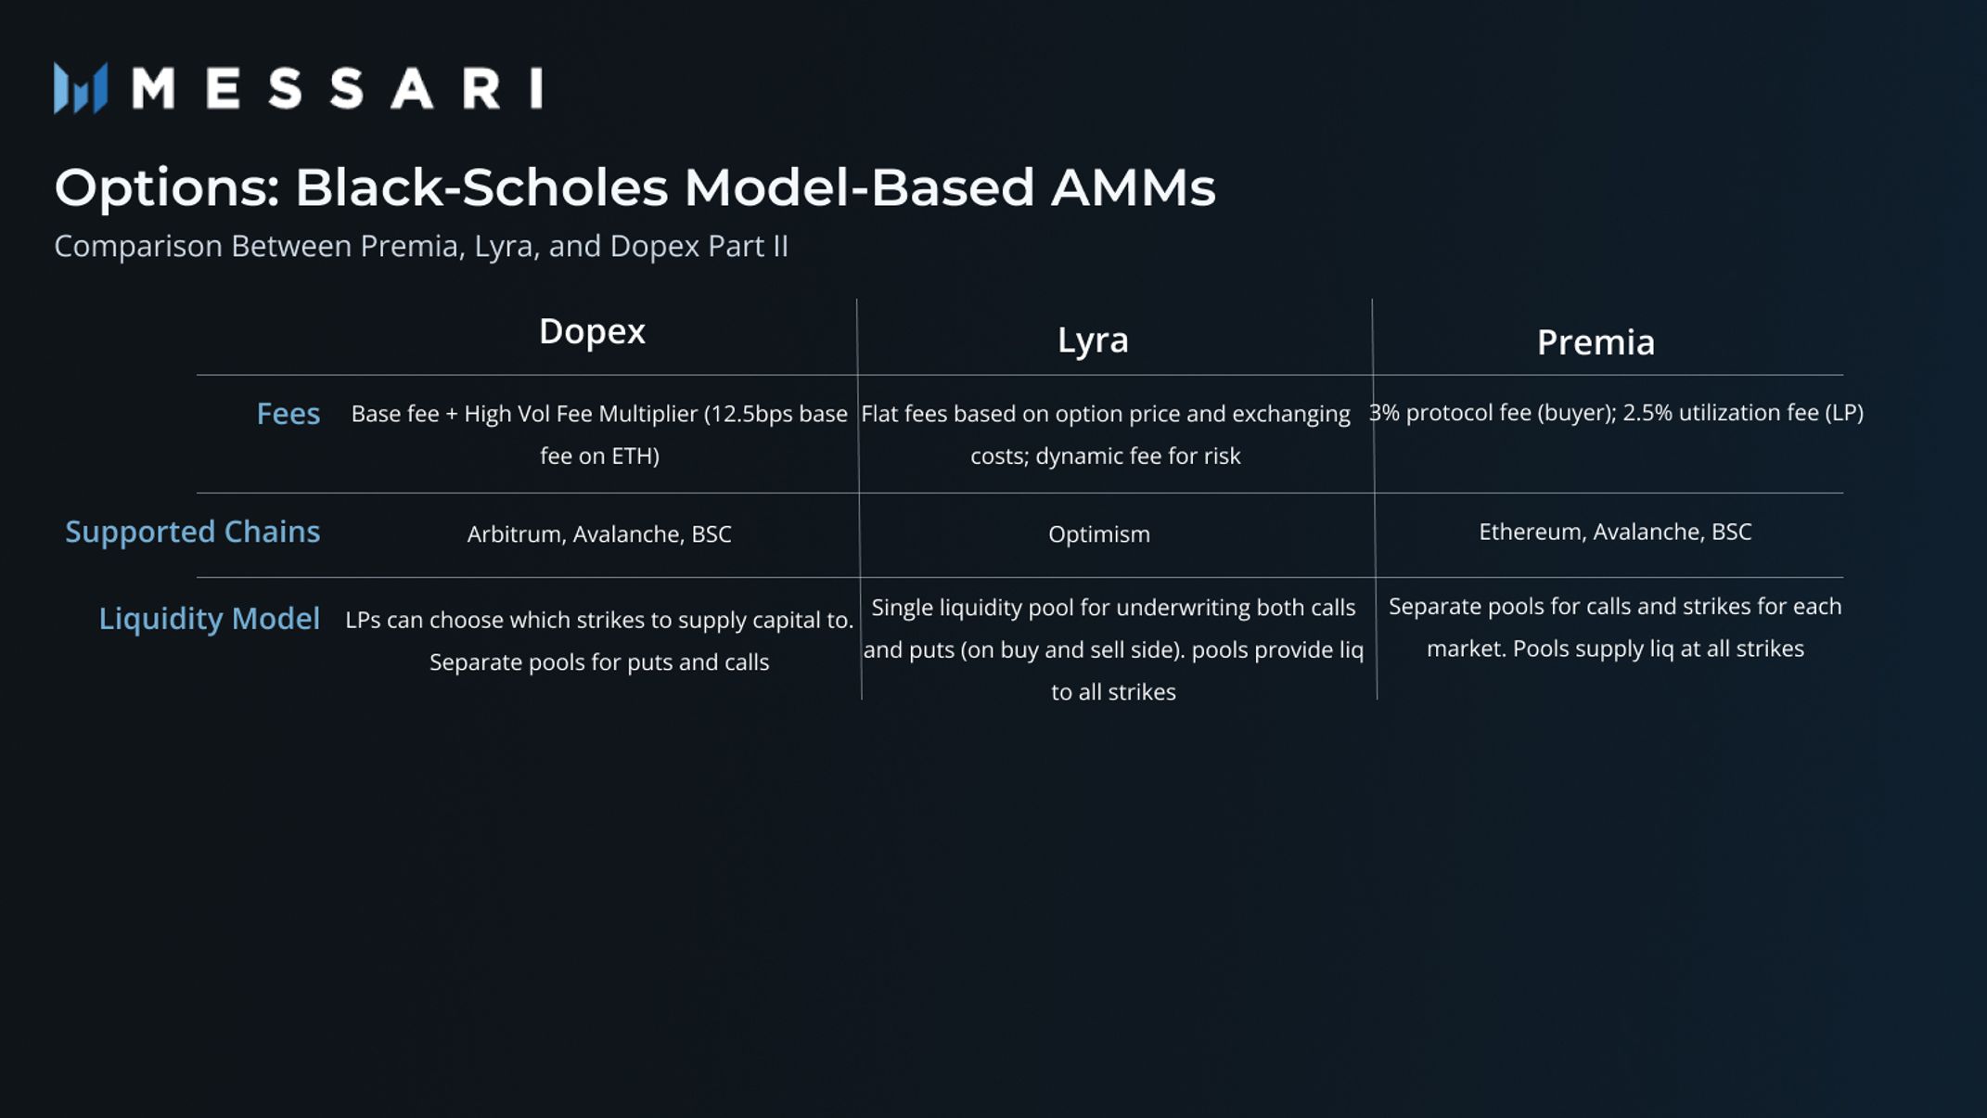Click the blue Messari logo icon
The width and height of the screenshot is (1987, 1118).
click(81, 88)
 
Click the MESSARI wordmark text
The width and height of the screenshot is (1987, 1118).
click(338, 89)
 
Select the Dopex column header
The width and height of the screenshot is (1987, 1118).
click(592, 331)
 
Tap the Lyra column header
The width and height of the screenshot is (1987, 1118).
click(1093, 340)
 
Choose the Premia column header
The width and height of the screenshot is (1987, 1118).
click(1596, 342)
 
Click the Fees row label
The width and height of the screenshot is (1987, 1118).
click(288, 413)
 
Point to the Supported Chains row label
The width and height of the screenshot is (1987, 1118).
click(192, 532)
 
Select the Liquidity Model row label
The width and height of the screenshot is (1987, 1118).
click(209, 619)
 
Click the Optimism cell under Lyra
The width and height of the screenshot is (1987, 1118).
click(1099, 534)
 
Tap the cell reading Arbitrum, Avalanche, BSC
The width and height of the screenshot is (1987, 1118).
click(599, 534)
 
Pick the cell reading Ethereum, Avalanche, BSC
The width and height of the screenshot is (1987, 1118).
click(1615, 532)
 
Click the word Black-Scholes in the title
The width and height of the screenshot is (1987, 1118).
click(481, 187)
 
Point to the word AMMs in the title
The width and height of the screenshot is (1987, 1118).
click(1133, 187)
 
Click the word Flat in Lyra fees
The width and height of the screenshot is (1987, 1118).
click(880, 414)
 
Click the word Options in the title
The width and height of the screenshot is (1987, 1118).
click(166, 187)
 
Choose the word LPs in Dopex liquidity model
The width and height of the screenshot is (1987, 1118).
click(363, 620)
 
